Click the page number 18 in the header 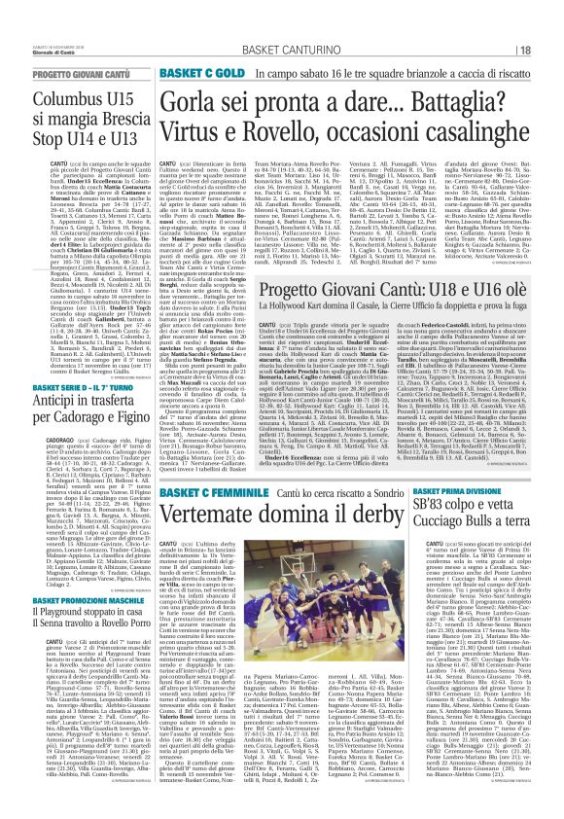tap(524, 22)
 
